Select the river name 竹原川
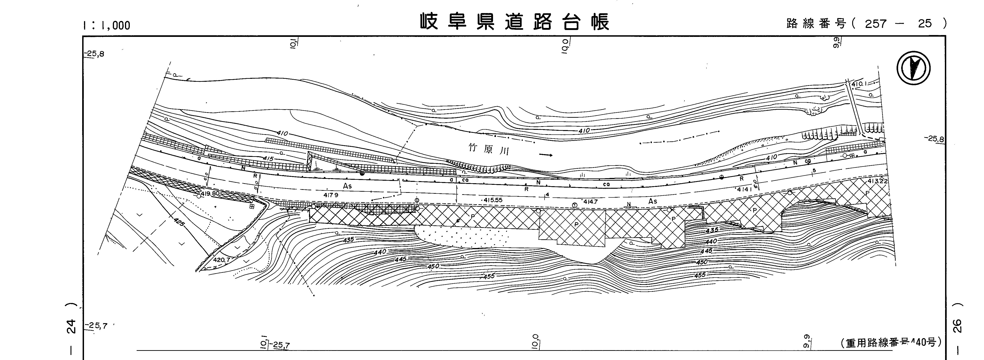tap(489, 149)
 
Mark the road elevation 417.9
tap(331, 195)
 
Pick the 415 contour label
tap(269, 158)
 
